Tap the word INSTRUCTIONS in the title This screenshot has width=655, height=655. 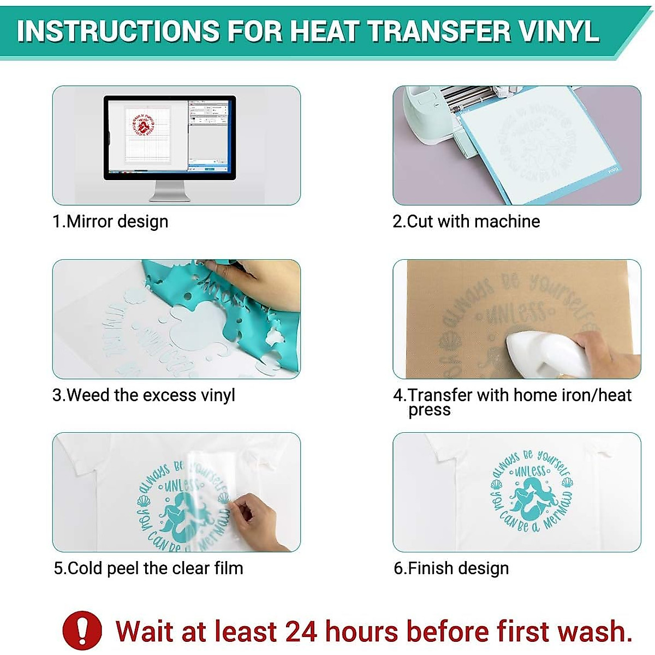(x=118, y=31)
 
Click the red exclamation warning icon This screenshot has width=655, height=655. (x=82, y=630)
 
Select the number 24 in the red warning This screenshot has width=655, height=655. (x=301, y=632)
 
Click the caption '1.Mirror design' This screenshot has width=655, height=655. (x=110, y=222)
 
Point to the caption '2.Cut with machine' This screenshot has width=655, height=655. (x=466, y=222)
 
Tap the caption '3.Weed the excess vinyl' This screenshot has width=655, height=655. (x=144, y=395)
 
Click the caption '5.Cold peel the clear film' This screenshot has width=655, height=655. (x=148, y=568)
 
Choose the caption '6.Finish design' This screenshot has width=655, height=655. (x=451, y=568)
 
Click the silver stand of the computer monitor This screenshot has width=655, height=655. (x=169, y=191)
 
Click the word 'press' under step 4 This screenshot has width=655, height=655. (x=430, y=410)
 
